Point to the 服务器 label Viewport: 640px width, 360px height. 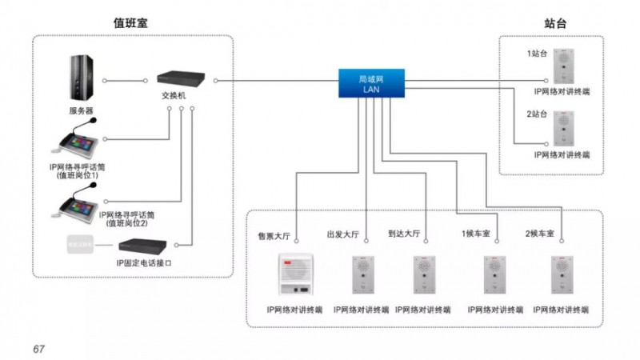pyautogui.click(x=81, y=110)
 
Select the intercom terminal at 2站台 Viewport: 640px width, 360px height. pyautogui.click(x=563, y=128)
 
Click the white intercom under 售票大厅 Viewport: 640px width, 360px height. pyautogui.click(x=294, y=276)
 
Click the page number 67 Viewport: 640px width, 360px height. pyautogui.click(x=38, y=349)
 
